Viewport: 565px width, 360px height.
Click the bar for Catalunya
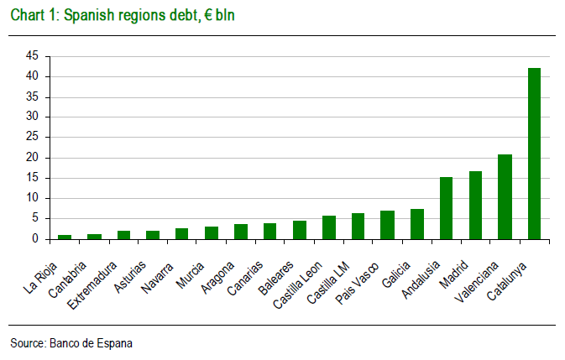click(534, 154)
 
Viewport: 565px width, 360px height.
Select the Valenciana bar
click(505, 196)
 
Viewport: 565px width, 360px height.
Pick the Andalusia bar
click(446, 208)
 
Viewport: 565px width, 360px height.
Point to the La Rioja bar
click(65, 237)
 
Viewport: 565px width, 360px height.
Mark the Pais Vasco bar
click(387, 225)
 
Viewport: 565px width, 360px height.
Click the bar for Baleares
click(299, 230)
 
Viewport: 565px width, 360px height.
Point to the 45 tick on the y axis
click(32, 56)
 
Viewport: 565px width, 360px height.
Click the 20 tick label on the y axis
click(32, 158)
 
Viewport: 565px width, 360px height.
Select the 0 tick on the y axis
click(35, 239)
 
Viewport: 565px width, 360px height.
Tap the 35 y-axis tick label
click(32, 97)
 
